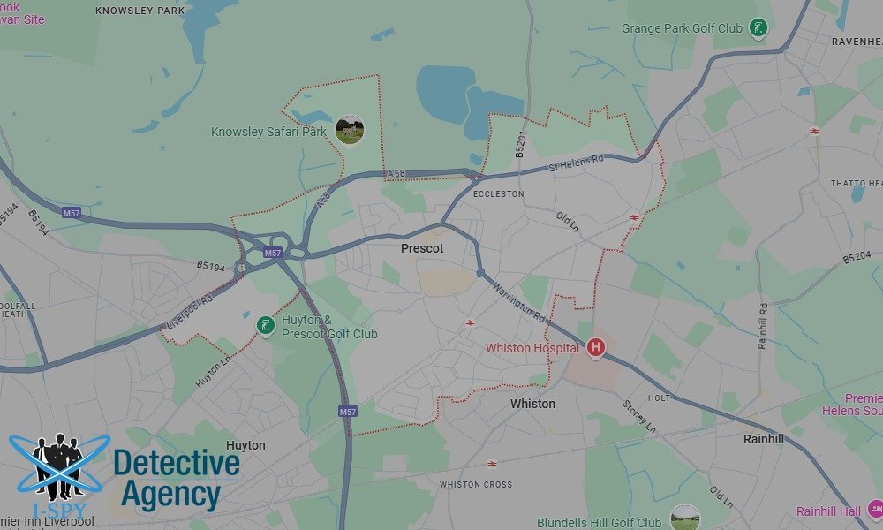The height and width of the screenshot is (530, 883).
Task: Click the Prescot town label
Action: pos(422,248)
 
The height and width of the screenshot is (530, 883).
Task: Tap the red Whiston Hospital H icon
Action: pos(596,347)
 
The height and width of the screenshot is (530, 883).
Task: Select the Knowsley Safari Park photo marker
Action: pos(350,130)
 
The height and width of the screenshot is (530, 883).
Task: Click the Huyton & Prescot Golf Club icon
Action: pos(265,326)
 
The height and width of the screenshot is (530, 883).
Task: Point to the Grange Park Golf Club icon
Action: pos(757,28)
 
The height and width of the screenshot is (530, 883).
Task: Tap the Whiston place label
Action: pos(532,404)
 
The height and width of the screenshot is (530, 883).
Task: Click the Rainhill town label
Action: pos(764,438)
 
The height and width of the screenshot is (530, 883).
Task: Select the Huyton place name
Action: pos(245,445)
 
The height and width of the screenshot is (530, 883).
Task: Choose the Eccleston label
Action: pos(498,193)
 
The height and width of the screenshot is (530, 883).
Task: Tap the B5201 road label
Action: pos(520,146)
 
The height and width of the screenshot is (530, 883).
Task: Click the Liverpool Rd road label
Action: pos(189,313)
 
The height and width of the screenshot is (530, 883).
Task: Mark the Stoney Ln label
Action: pos(639,415)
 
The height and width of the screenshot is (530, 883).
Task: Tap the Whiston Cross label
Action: pos(476,484)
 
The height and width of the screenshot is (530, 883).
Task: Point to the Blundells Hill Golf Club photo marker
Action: pos(684,517)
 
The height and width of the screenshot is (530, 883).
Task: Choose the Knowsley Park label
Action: pos(140,11)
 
